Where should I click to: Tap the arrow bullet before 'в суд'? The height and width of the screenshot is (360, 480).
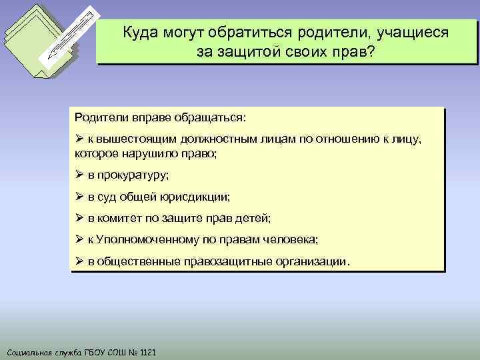coord(79,197)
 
